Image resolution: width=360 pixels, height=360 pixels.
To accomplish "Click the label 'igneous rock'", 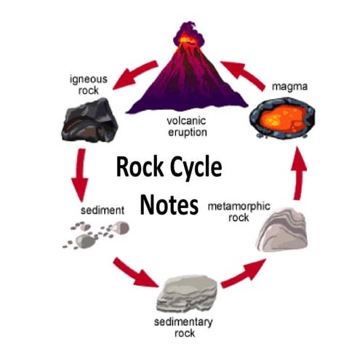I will pos(87,83).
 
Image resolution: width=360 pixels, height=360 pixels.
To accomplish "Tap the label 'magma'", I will pos(289,87).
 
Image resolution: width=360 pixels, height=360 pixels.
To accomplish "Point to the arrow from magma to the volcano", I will pos(241,73).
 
